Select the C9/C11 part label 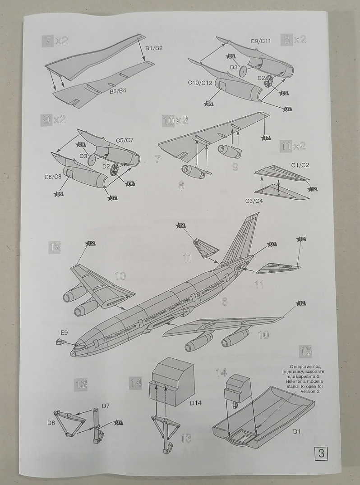260,41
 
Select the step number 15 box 305,351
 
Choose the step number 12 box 55,247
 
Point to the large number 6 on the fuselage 224,302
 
